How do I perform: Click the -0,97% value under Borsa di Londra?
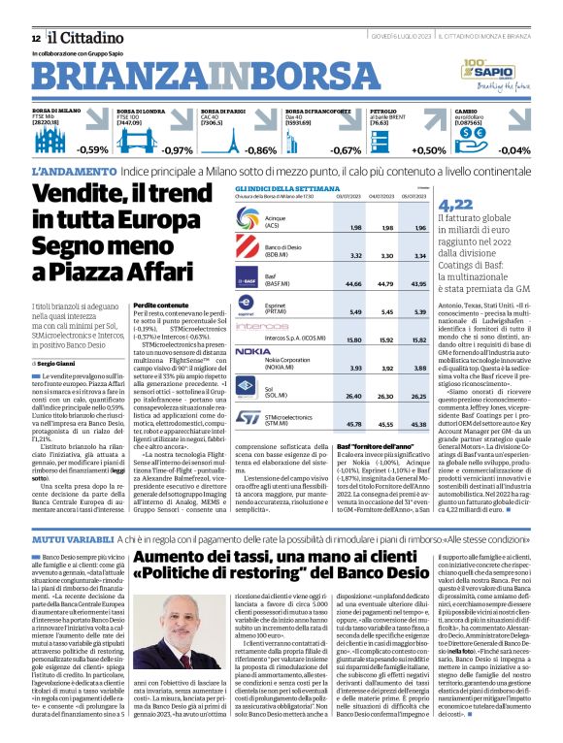(x=177, y=150)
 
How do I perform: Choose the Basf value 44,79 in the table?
(x=383, y=284)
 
